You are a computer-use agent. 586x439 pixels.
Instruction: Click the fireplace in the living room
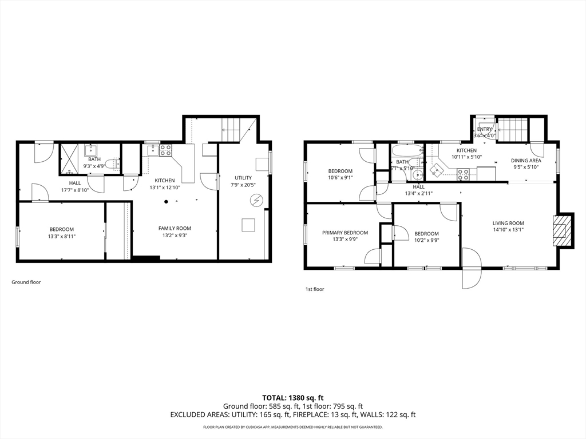click(563, 230)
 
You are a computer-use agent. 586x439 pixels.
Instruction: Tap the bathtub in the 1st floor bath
click(407, 153)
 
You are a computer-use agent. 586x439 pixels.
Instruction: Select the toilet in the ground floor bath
click(112, 163)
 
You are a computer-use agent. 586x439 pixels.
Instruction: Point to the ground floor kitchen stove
click(165, 150)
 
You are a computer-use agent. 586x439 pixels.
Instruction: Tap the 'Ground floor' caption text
click(26, 282)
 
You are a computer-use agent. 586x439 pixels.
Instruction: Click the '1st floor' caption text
click(314, 289)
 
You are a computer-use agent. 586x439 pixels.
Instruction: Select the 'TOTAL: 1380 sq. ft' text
click(293, 398)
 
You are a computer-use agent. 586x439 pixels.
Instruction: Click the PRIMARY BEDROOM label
click(345, 233)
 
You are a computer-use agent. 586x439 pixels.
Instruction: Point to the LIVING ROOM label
click(508, 223)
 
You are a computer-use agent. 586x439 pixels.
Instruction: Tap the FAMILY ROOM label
click(175, 228)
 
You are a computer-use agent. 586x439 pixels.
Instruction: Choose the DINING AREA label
click(526, 161)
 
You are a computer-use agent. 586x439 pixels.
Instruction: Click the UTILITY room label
click(243, 178)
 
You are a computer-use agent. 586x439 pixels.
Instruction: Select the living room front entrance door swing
click(472, 268)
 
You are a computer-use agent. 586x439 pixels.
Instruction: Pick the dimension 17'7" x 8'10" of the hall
click(75, 190)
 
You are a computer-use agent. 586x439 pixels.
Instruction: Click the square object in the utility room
click(248, 225)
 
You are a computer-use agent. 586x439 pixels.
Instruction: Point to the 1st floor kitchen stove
click(462, 174)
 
